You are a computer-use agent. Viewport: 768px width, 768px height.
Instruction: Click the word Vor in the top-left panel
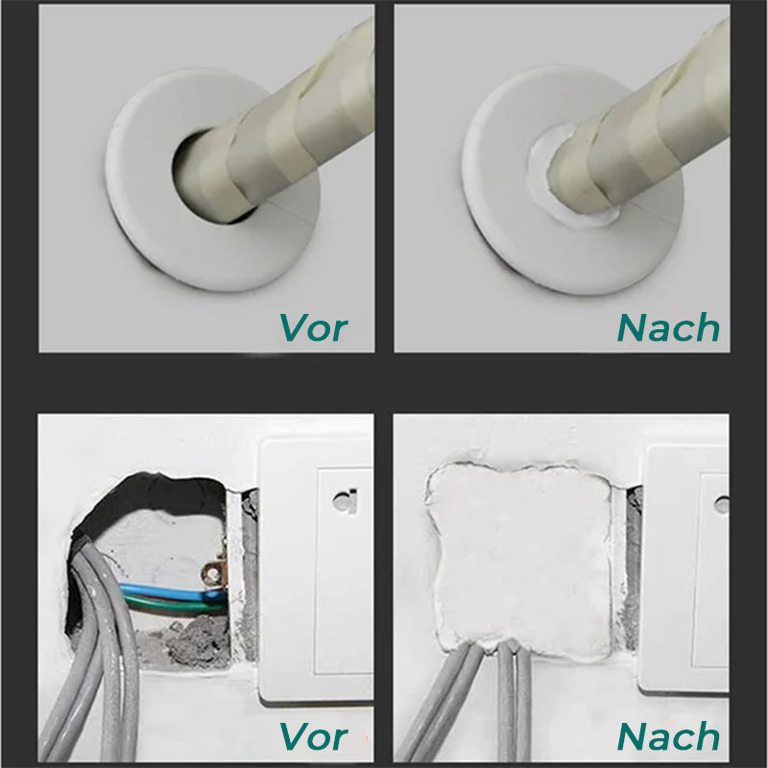point(313,327)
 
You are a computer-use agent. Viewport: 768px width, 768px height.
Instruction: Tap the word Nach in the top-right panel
point(668,327)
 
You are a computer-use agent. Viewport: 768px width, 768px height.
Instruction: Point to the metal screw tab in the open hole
point(213,576)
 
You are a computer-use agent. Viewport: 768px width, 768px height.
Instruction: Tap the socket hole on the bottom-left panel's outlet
point(341,499)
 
